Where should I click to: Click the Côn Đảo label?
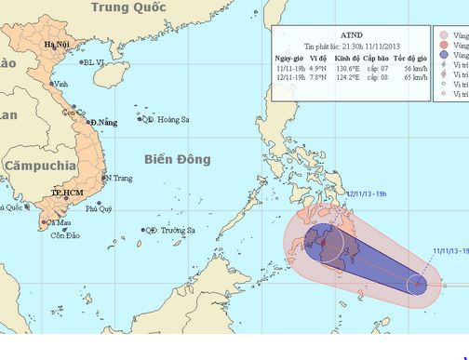(54, 233)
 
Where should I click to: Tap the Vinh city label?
(63, 83)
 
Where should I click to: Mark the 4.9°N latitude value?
(318, 68)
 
